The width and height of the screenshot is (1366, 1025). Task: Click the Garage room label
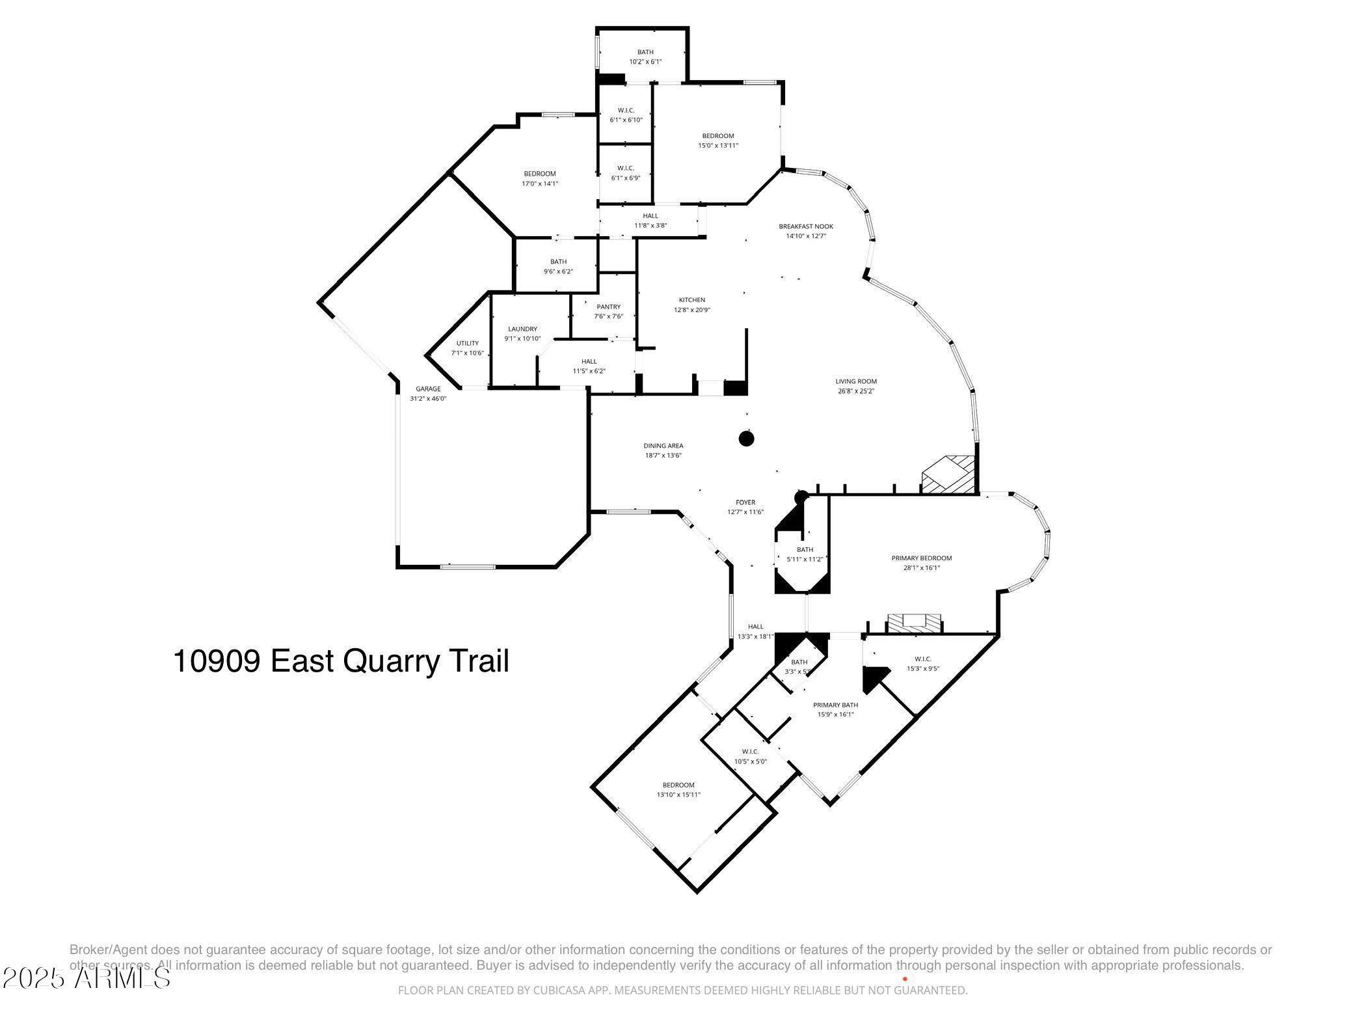428,389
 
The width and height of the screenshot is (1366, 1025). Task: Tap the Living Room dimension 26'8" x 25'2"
856,392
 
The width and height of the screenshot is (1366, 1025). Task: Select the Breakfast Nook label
806,226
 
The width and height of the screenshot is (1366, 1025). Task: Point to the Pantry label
608,307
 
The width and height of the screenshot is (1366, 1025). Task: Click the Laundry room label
522,329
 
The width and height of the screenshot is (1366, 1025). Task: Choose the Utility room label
467,344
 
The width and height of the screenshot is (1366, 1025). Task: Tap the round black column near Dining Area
746,439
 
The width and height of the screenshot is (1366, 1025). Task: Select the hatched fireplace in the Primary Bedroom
915,622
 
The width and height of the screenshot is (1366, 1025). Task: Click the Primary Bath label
835,705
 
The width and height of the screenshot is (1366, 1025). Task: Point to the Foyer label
745,502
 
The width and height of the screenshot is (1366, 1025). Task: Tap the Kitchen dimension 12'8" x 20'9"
692,310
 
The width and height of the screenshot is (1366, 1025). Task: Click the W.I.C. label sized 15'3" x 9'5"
922,659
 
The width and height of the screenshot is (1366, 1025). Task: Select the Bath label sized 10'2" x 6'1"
645,52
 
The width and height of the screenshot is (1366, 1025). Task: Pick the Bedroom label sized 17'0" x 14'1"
540,174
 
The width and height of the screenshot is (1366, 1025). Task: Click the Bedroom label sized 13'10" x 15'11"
678,785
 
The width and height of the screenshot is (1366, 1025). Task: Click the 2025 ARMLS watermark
86,978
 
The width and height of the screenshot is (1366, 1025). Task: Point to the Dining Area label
663,446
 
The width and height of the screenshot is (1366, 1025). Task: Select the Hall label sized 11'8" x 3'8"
650,216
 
